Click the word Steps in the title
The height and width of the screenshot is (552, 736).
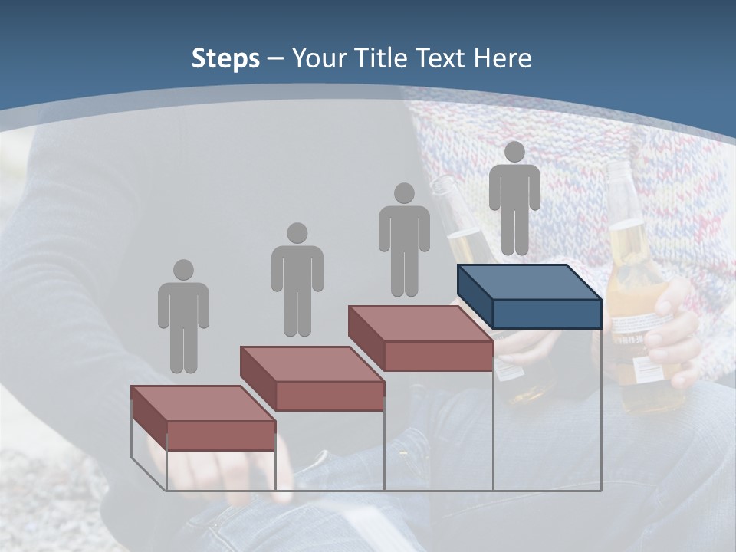click(225, 58)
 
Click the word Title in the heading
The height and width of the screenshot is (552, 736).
click(383, 58)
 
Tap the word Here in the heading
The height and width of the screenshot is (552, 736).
click(502, 58)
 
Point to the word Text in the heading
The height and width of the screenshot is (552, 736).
click(441, 58)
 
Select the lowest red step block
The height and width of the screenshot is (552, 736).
click(203, 418)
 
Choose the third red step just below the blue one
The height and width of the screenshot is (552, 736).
click(420, 338)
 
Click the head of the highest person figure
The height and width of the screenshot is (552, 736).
click(514, 152)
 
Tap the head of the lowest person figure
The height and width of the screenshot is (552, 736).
click(183, 270)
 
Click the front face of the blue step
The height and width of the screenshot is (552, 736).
click(547, 314)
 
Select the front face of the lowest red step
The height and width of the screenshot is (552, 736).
click(221, 435)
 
